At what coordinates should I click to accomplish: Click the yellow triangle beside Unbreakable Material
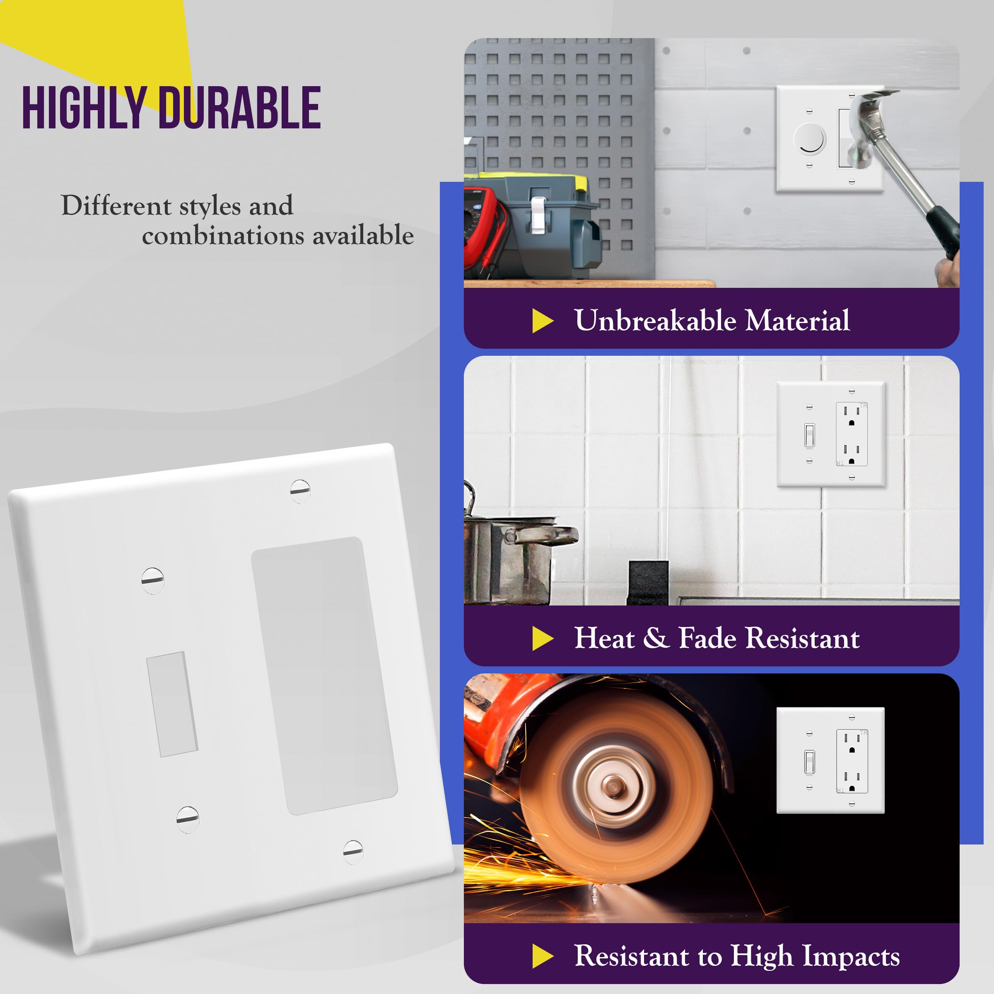click(x=542, y=321)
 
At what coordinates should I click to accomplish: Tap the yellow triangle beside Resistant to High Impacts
click(x=542, y=956)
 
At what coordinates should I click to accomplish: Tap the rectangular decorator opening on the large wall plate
click(x=324, y=675)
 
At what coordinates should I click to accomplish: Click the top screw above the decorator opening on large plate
click(x=300, y=491)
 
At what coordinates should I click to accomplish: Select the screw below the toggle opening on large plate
click(x=188, y=820)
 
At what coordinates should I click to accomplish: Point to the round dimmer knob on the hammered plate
click(x=810, y=139)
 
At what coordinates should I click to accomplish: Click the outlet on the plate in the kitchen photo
click(x=852, y=434)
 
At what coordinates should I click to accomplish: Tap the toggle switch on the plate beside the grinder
click(x=809, y=762)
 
